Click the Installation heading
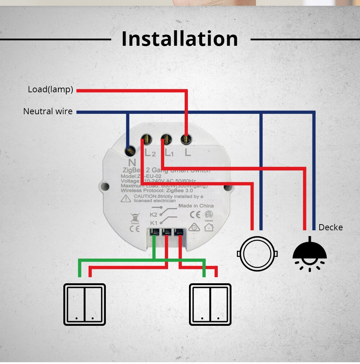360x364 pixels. [x=180, y=39]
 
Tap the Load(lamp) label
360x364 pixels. [x=50, y=90]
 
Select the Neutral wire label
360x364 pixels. [x=48, y=112]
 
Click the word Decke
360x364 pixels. [x=330, y=227]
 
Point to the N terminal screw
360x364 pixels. [x=130, y=149]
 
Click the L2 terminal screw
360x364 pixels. [x=146, y=138]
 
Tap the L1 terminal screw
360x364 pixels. [x=166, y=138]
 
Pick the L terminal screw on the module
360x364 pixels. [x=186, y=138]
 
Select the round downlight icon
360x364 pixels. [x=257, y=253]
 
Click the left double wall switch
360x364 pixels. [x=85, y=305]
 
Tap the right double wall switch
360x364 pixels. [x=210, y=305]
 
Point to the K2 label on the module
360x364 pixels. [x=154, y=214]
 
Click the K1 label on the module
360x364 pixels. [x=154, y=223]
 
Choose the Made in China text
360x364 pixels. [x=196, y=206]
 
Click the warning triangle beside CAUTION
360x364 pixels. [x=126, y=198]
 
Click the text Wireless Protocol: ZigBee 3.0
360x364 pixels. [x=157, y=190]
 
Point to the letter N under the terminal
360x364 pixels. [x=132, y=162]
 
